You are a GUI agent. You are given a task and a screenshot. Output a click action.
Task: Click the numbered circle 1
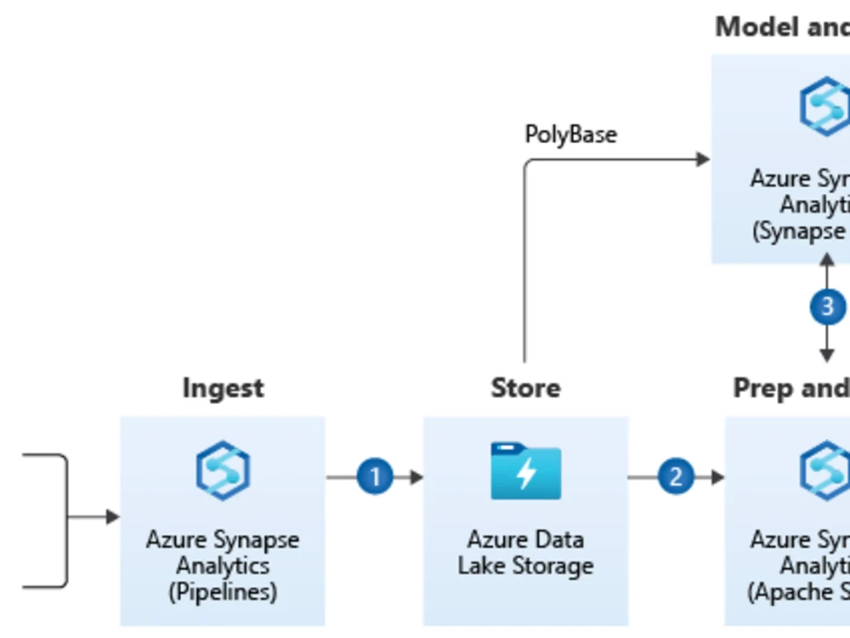[375, 476]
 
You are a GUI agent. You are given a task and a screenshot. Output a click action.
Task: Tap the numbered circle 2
[676, 476]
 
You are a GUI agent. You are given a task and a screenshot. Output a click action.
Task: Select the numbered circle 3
[827, 306]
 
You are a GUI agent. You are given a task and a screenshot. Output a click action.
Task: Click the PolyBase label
[570, 134]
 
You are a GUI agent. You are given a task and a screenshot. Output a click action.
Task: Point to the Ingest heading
[223, 388]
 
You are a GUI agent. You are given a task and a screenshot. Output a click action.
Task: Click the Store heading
[525, 388]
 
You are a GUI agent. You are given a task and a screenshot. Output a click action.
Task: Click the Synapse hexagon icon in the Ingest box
[223, 470]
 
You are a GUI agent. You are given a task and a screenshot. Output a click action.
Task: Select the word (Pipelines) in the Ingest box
[223, 591]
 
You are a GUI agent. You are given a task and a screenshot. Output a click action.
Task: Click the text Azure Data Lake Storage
[525, 552]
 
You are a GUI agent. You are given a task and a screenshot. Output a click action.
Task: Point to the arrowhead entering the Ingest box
[112, 516]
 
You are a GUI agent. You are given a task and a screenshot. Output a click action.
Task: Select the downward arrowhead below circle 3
[827, 355]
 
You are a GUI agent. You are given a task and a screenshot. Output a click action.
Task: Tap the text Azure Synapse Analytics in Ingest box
[223, 552]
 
